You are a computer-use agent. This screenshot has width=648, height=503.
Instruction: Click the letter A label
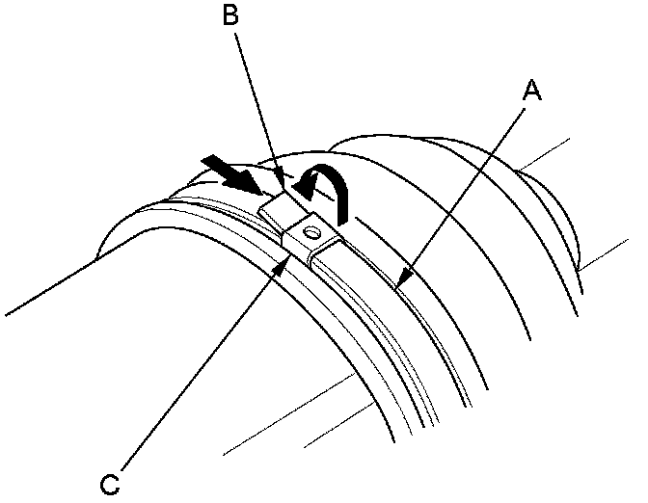point(531,92)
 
